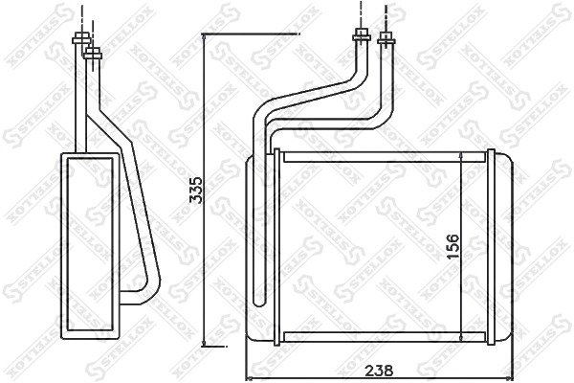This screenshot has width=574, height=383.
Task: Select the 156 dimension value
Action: [x=453, y=247]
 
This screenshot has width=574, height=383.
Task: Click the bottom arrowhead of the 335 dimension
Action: [x=205, y=342]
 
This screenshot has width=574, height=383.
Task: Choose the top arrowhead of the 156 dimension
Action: [x=464, y=156]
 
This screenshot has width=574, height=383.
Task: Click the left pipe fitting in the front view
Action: [x=362, y=38]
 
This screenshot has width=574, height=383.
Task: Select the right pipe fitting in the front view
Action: [x=386, y=39]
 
